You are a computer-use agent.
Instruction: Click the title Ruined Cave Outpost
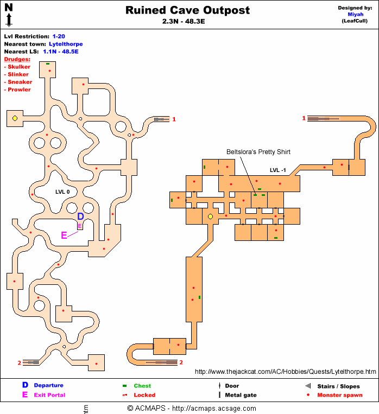pyautogui.click(x=188, y=10)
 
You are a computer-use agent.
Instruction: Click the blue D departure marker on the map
pyautogui.click(x=80, y=216)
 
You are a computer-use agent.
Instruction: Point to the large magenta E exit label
pyautogui.click(x=64, y=235)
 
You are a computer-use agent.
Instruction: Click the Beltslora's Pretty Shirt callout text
pyautogui.click(x=258, y=152)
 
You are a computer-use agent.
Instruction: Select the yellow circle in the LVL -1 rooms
pyautogui.click(x=211, y=216)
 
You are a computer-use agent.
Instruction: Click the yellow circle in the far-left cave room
pyautogui.click(x=15, y=118)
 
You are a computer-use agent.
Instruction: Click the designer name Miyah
pyautogui.click(x=356, y=15)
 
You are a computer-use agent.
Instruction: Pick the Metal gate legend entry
pyautogui.click(x=241, y=395)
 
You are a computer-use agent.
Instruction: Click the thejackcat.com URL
pyautogui.click(x=285, y=372)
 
